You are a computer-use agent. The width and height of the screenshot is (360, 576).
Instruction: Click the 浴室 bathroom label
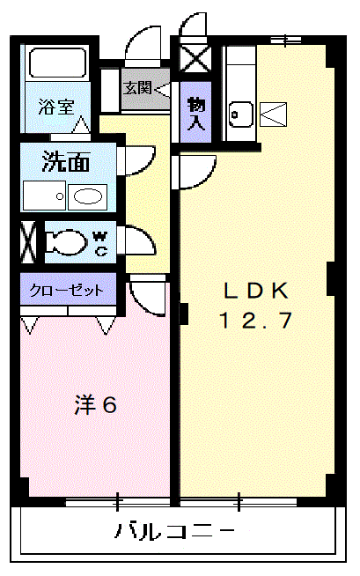coord(56,107)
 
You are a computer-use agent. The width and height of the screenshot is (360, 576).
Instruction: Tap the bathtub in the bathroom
coord(57,63)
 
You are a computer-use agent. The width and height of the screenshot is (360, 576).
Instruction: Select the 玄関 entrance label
coord(137,88)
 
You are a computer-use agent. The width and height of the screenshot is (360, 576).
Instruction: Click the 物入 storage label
coord(195,114)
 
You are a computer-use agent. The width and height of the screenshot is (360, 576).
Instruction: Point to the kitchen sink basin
coord(241,114)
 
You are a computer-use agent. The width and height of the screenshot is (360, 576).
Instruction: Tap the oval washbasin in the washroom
coord(88,197)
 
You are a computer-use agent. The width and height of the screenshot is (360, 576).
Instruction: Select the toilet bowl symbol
coord(67,242)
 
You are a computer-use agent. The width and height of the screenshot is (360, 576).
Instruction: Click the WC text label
coord(99,244)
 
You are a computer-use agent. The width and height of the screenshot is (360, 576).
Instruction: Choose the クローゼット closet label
coord(67,291)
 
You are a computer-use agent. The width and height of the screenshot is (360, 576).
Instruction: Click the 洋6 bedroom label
coord(95,404)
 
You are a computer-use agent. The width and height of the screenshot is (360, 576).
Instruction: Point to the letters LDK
coord(256,291)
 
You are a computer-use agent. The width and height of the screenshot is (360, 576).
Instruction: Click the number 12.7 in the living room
coord(256,321)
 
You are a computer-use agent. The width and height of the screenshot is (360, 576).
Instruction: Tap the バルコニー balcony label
coord(175,531)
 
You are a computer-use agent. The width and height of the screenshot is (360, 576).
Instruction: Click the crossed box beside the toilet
coord(28,241)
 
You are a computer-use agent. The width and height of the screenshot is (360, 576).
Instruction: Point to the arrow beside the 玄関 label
coord(163,89)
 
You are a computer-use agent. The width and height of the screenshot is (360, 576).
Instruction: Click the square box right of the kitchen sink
coord(273,114)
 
